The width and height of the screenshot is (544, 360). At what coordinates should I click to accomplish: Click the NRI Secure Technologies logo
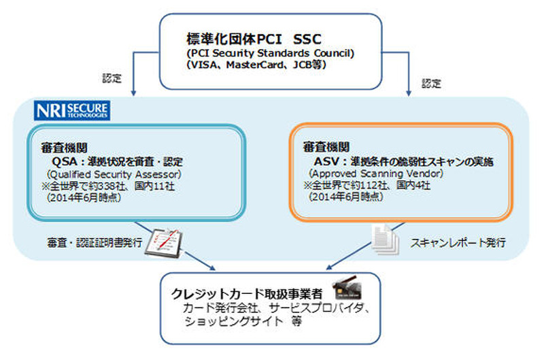[x=72, y=111]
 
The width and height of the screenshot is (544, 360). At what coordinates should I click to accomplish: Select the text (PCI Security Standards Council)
[x=271, y=54]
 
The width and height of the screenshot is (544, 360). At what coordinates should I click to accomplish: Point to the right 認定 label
[x=431, y=84]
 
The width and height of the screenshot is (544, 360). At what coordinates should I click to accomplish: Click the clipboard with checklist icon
[x=165, y=239]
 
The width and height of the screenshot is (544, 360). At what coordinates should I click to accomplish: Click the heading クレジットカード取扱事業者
[x=247, y=294]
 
